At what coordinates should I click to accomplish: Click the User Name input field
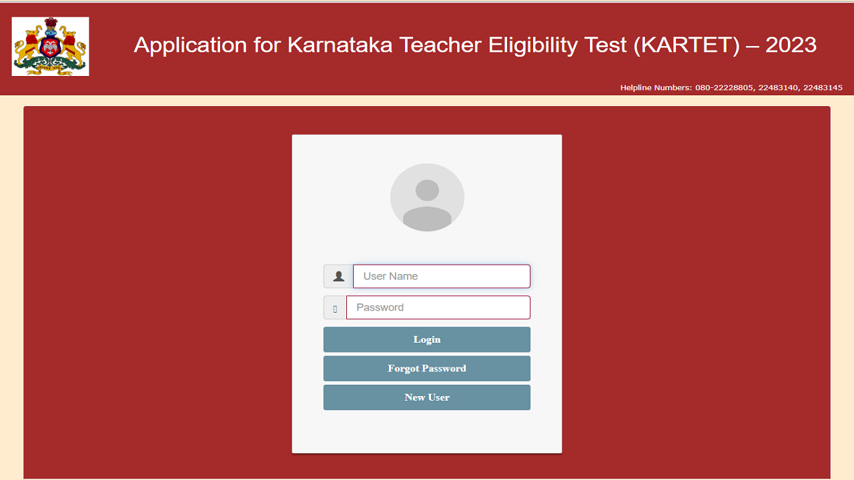click(x=441, y=276)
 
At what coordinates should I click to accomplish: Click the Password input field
click(x=438, y=307)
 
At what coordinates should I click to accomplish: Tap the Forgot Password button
click(x=427, y=368)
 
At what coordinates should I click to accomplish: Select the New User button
click(x=427, y=397)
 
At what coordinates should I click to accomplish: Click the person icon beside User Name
click(x=338, y=276)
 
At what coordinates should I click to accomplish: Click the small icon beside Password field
click(x=335, y=308)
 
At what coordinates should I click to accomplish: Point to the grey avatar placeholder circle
click(x=427, y=197)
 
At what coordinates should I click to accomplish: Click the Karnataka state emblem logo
click(x=50, y=47)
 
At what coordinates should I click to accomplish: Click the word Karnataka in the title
click(x=340, y=45)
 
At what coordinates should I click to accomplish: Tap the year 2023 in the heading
click(x=791, y=45)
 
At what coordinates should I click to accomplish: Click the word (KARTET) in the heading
click(x=687, y=45)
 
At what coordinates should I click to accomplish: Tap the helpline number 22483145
click(x=823, y=87)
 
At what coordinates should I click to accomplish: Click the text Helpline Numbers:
click(x=656, y=87)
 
